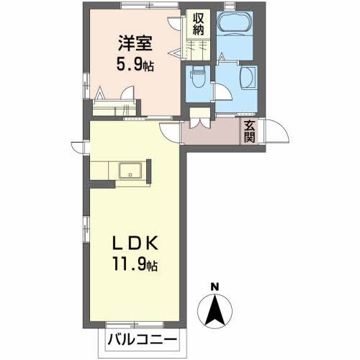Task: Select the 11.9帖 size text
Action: [x=133, y=266]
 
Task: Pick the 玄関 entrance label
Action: [x=249, y=132]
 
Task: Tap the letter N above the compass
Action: [x=214, y=288]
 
